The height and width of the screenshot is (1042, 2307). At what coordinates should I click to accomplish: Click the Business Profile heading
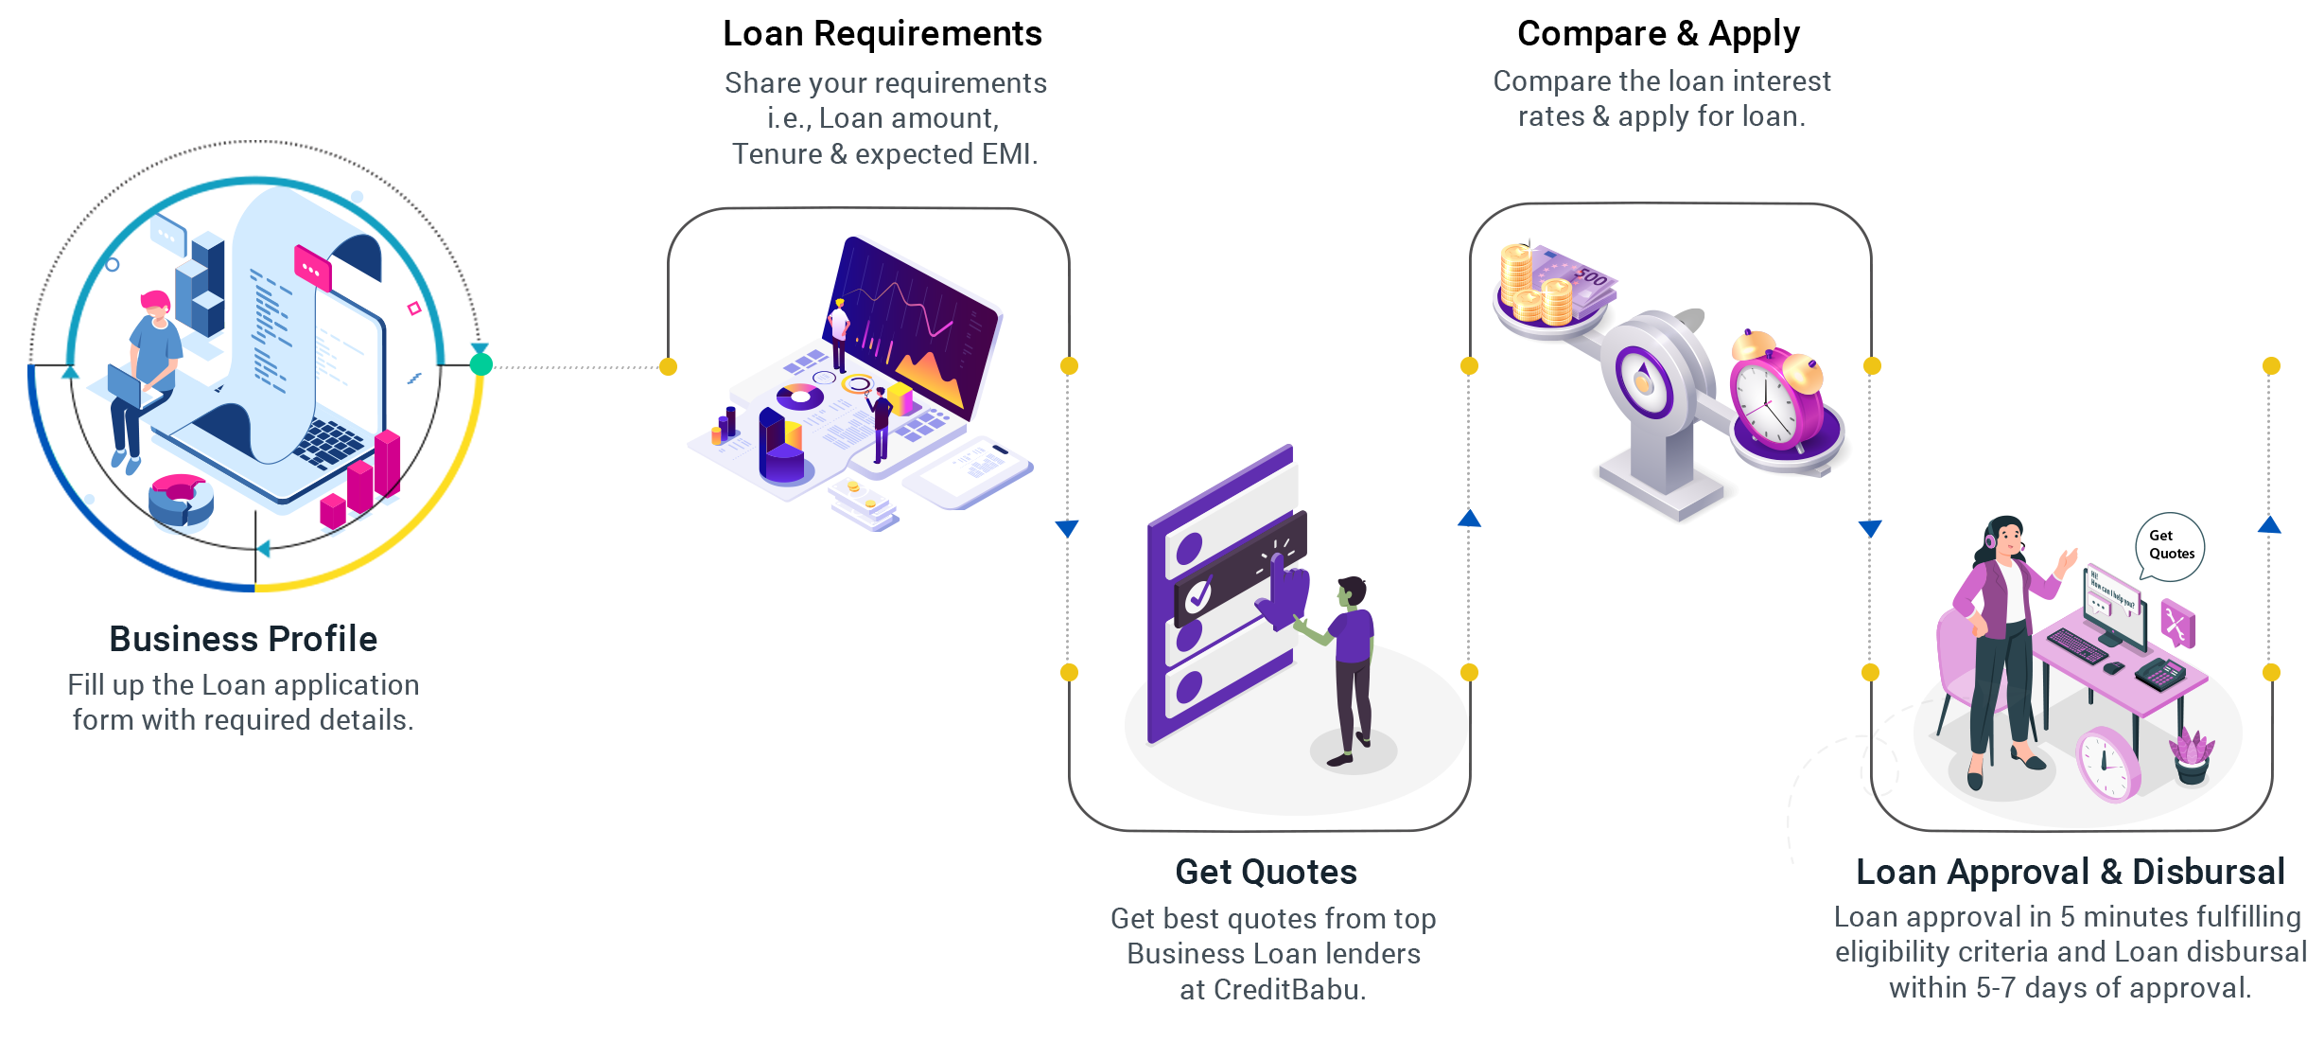point(243,639)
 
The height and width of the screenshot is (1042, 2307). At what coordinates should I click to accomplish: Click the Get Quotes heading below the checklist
point(1266,872)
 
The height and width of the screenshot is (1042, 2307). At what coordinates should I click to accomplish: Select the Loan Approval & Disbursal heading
point(2071,872)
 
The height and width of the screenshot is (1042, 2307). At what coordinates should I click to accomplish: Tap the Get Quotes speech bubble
point(2170,546)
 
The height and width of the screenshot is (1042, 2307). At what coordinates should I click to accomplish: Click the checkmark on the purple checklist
point(1198,595)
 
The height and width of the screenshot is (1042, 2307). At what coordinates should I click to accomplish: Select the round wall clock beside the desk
point(2107,763)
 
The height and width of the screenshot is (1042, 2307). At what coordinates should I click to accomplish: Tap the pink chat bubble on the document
point(312,267)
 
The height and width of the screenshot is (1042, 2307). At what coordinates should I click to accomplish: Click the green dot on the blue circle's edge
point(481,364)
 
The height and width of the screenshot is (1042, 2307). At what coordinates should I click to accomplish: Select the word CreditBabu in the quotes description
point(1285,989)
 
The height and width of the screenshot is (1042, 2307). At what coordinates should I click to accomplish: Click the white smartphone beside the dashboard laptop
point(966,470)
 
